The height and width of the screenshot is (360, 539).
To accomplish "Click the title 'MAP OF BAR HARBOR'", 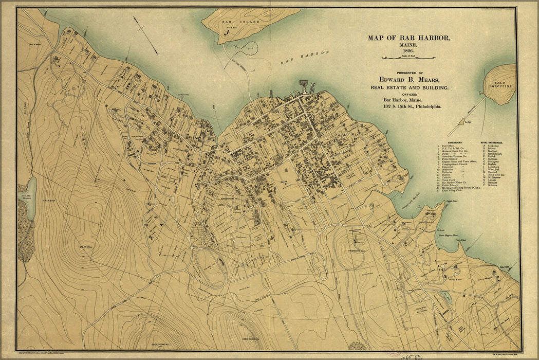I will [x=408, y=38].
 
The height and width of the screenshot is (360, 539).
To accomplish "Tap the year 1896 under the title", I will [x=408, y=50].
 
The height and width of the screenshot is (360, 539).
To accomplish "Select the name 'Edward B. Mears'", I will [x=409, y=79].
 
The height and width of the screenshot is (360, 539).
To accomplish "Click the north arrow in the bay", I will [x=145, y=35].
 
